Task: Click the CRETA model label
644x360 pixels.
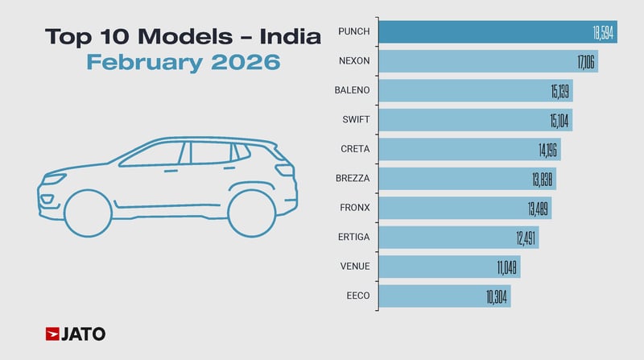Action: click(x=355, y=149)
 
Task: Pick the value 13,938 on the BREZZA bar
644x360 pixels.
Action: click(x=543, y=179)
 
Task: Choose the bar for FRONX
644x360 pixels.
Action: click(x=451, y=208)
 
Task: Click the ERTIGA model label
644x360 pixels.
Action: click(x=353, y=238)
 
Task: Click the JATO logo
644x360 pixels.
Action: click(x=76, y=333)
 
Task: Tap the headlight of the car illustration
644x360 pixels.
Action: click(x=47, y=198)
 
